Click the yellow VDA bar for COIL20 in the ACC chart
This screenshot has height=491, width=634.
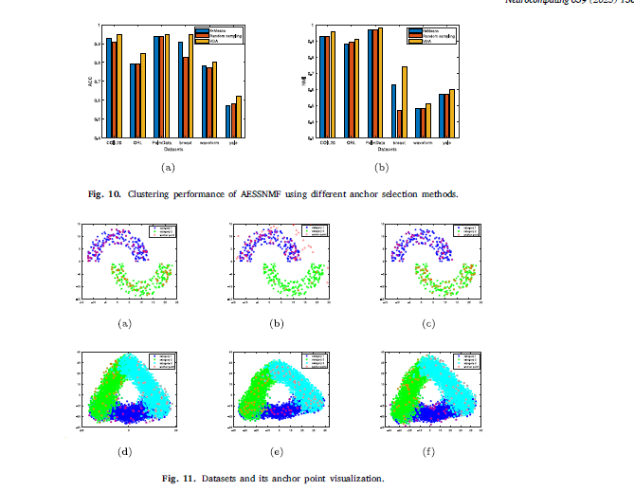pyautogui.click(x=119, y=86)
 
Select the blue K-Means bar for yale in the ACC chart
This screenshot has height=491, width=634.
pyautogui.click(x=228, y=121)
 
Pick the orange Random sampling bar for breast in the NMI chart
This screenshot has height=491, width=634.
pyautogui.click(x=400, y=124)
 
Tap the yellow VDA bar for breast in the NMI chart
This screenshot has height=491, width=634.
pyautogui.click(x=405, y=102)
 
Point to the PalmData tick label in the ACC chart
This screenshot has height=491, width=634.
pyautogui.click(x=161, y=144)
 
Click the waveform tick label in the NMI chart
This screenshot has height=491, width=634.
pyautogui.click(x=423, y=144)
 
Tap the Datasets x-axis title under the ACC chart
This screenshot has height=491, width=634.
pyautogui.click(x=173, y=150)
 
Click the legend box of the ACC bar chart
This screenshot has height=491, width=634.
pyautogui.click(x=218, y=35)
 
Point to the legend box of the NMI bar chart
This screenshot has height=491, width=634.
pyautogui.click(x=431, y=35)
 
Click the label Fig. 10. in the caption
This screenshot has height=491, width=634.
pyautogui.click(x=104, y=194)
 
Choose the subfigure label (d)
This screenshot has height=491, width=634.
pyautogui.click(x=124, y=450)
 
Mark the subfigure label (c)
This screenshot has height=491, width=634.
pyautogui.click(x=429, y=324)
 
